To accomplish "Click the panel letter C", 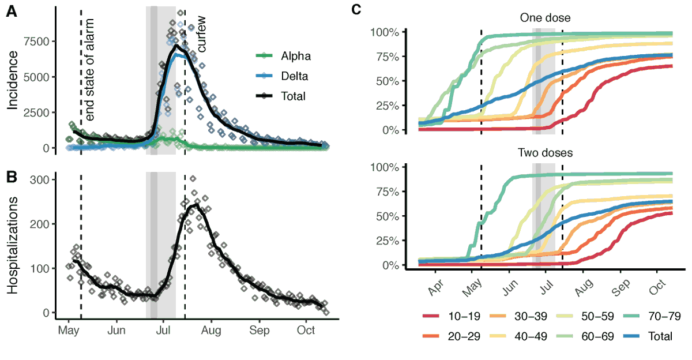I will [x=357, y=9].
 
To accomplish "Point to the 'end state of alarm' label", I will [x=90, y=69].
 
